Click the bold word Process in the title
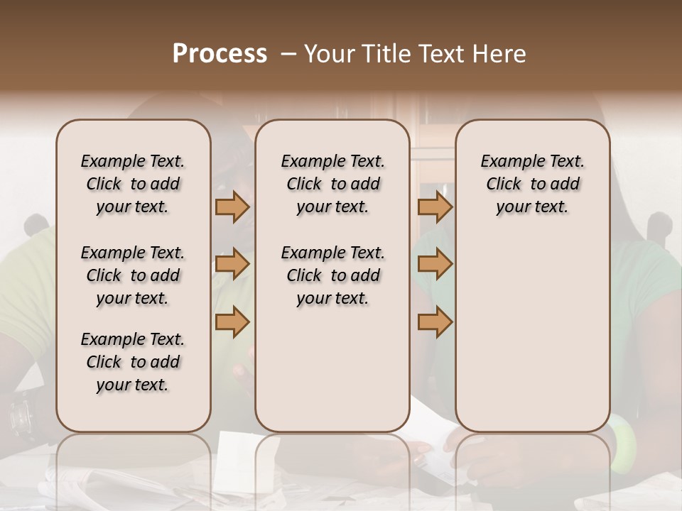coord(220,53)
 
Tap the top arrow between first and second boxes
coord(232,207)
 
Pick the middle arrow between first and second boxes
coord(232,264)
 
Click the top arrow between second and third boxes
coord(435,207)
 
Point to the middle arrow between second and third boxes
coord(435,264)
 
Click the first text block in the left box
coord(133,184)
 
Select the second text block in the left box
coord(133,275)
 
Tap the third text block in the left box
coord(133,362)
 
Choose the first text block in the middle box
coord(332,184)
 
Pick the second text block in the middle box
coord(332,275)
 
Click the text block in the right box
coord(533,184)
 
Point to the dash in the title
coord(288,53)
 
